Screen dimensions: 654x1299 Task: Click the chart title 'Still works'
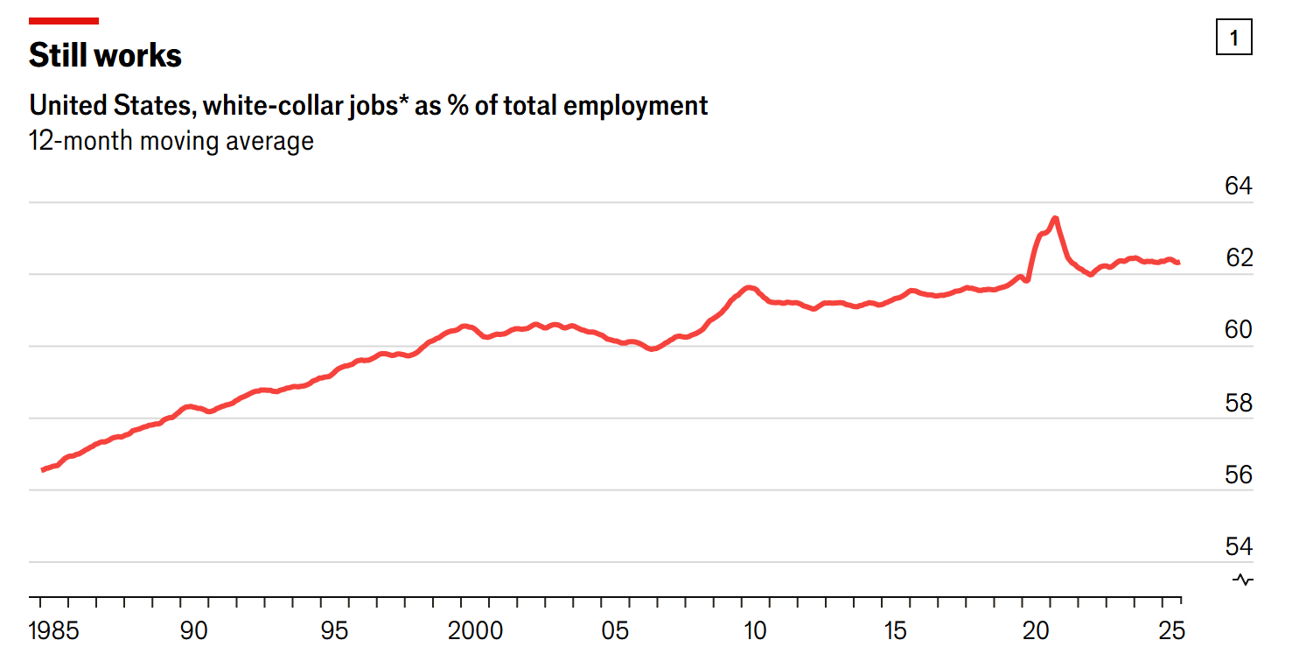pos(105,55)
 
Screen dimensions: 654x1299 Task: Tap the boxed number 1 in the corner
pos(1233,38)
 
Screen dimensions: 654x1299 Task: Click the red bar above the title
pos(64,20)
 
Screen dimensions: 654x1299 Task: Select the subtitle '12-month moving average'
pos(171,141)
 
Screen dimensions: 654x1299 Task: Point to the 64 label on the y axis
pos(1238,186)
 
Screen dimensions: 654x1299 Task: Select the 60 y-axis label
pos(1238,330)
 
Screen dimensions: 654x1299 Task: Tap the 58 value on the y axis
pos(1238,403)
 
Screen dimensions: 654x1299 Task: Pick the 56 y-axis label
pos(1238,475)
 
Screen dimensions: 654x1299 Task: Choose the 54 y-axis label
pos(1238,546)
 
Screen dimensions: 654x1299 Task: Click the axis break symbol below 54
pos(1243,580)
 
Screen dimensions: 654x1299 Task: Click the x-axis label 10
pos(755,630)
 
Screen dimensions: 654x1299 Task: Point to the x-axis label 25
pos(1170,630)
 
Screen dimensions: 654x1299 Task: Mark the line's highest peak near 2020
pos(1055,218)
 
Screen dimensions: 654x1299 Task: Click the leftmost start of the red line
pos(43,470)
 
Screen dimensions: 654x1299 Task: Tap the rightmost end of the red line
pos(1178,262)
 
